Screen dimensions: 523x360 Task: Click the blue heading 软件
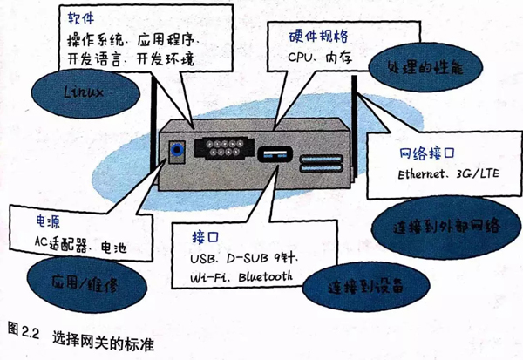[x=81, y=18]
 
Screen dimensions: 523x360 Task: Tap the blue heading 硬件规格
[x=318, y=37]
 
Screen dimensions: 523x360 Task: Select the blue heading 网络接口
[x=427, y=153]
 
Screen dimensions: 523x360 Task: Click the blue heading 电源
[x=48, y=221]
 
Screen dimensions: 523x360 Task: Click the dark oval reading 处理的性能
[x=425, y=67]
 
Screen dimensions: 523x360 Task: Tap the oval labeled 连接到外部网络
[x=446, y=228]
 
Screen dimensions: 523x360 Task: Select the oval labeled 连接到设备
[x=365, y=287]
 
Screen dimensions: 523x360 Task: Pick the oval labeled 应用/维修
[x=86, y=284]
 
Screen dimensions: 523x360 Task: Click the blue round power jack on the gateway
[x=176, y=149]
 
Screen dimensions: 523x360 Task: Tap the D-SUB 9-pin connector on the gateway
[x=224, y=148]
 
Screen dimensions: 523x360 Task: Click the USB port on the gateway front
[x=275, y=154]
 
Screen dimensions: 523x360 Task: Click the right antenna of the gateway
[x=354, y=126]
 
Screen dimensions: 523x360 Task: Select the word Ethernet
[x=418, y=173]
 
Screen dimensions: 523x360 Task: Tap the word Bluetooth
[x=266, y=277]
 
